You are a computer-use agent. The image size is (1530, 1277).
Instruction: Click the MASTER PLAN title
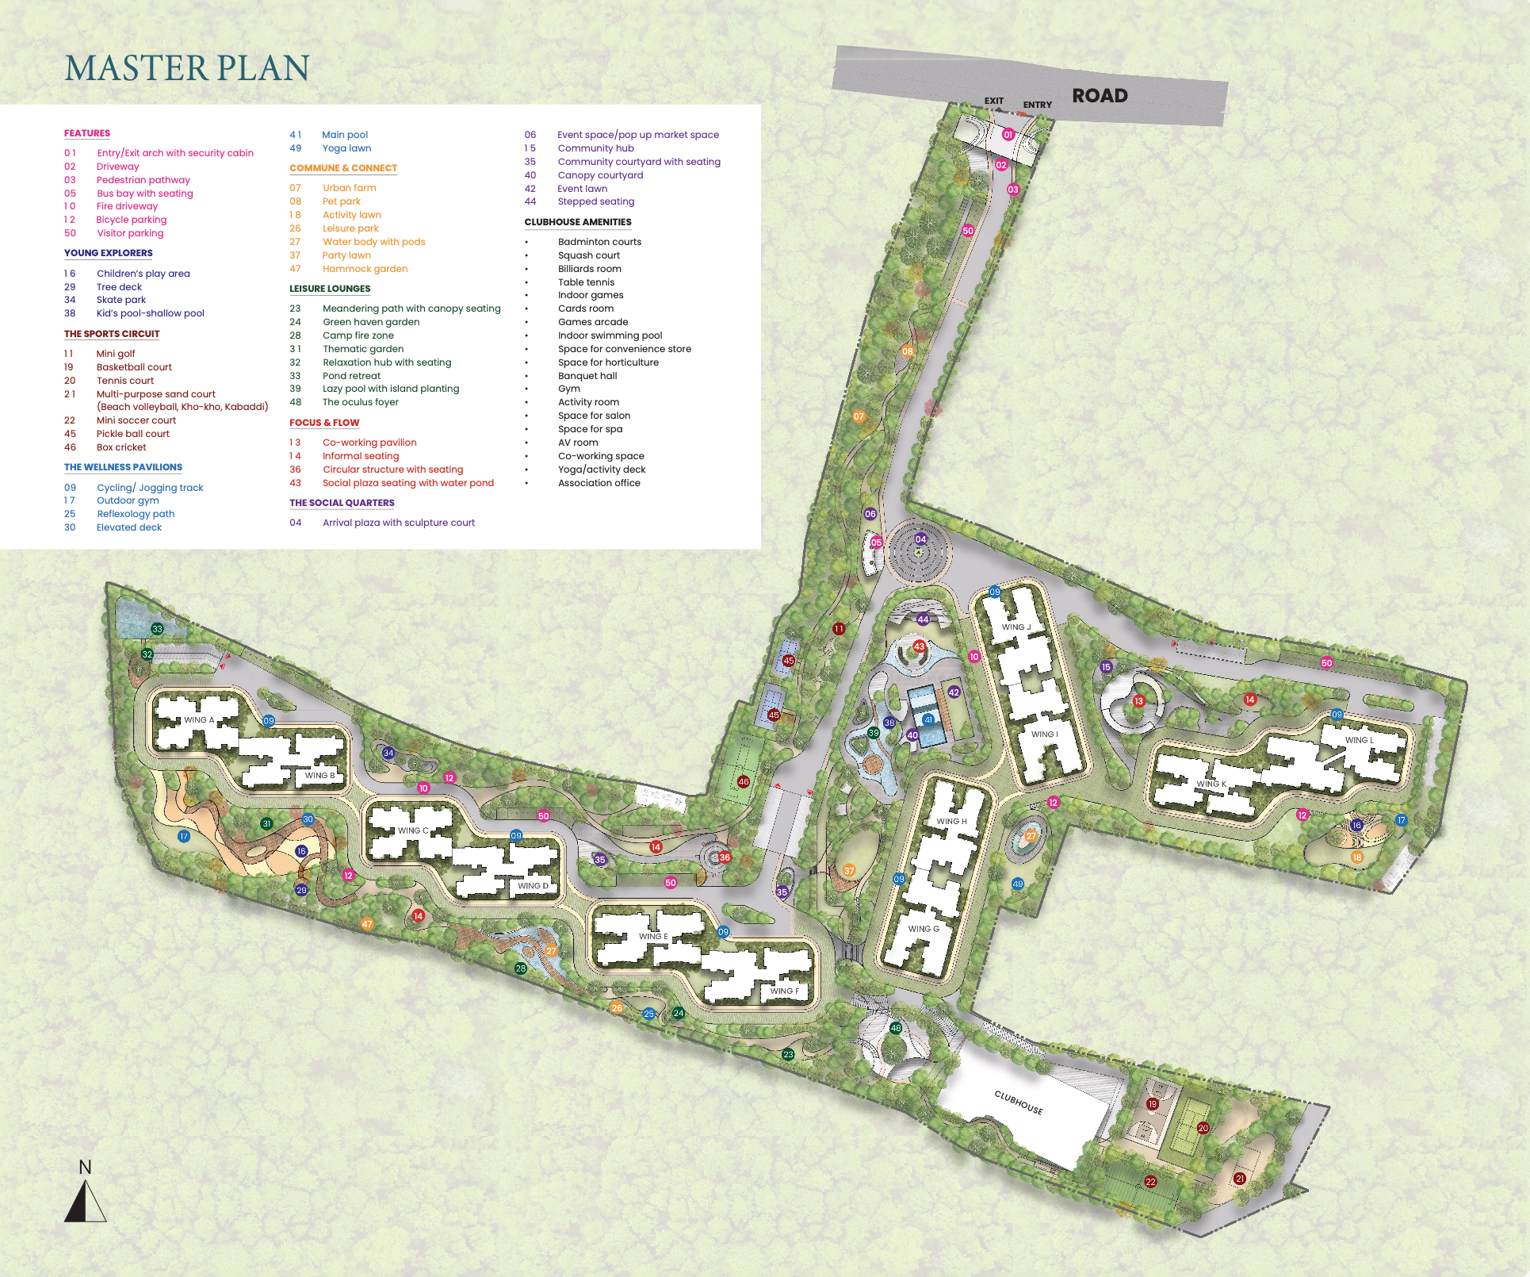(x=187, y=68)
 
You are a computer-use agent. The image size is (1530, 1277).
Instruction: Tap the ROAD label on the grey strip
(x=1100, y=95)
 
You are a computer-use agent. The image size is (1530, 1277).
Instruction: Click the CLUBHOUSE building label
(x=1019, y=1102)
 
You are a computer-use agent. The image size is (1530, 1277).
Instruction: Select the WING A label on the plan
(x=199, y=720)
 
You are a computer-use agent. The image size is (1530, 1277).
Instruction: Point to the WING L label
(x=1360, y=740)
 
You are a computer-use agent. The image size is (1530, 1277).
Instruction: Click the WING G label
(x=924, y=929)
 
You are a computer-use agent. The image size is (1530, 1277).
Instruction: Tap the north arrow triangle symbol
(x=85, y=1202)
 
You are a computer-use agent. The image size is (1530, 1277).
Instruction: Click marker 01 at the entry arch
(x=1008, y=135)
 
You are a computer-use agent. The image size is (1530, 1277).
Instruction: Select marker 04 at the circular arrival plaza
(x=920, y=539)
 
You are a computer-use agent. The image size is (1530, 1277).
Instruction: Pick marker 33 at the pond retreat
(x=157, y=629)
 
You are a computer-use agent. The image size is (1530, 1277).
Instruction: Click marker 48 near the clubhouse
(x=896, y=1028)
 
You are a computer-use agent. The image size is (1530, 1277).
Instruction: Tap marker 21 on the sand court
(x=1240, y=1179)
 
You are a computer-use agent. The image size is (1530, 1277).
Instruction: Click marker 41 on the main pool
(x=928, y=720)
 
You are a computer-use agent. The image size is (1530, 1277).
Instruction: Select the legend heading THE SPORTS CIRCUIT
(x=112, y=334)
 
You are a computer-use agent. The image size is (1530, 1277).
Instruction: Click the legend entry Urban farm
(x=349, y=188)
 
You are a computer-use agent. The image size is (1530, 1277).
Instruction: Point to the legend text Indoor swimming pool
(x=610, y=336)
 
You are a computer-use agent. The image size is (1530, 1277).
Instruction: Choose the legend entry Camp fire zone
(x=358, y=336)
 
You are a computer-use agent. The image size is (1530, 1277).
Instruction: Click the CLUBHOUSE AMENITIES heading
(x=578, y=222)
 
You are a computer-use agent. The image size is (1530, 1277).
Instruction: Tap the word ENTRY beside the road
(x=1037, y=105)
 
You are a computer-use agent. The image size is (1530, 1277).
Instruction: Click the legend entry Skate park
(x=121, y=300)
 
